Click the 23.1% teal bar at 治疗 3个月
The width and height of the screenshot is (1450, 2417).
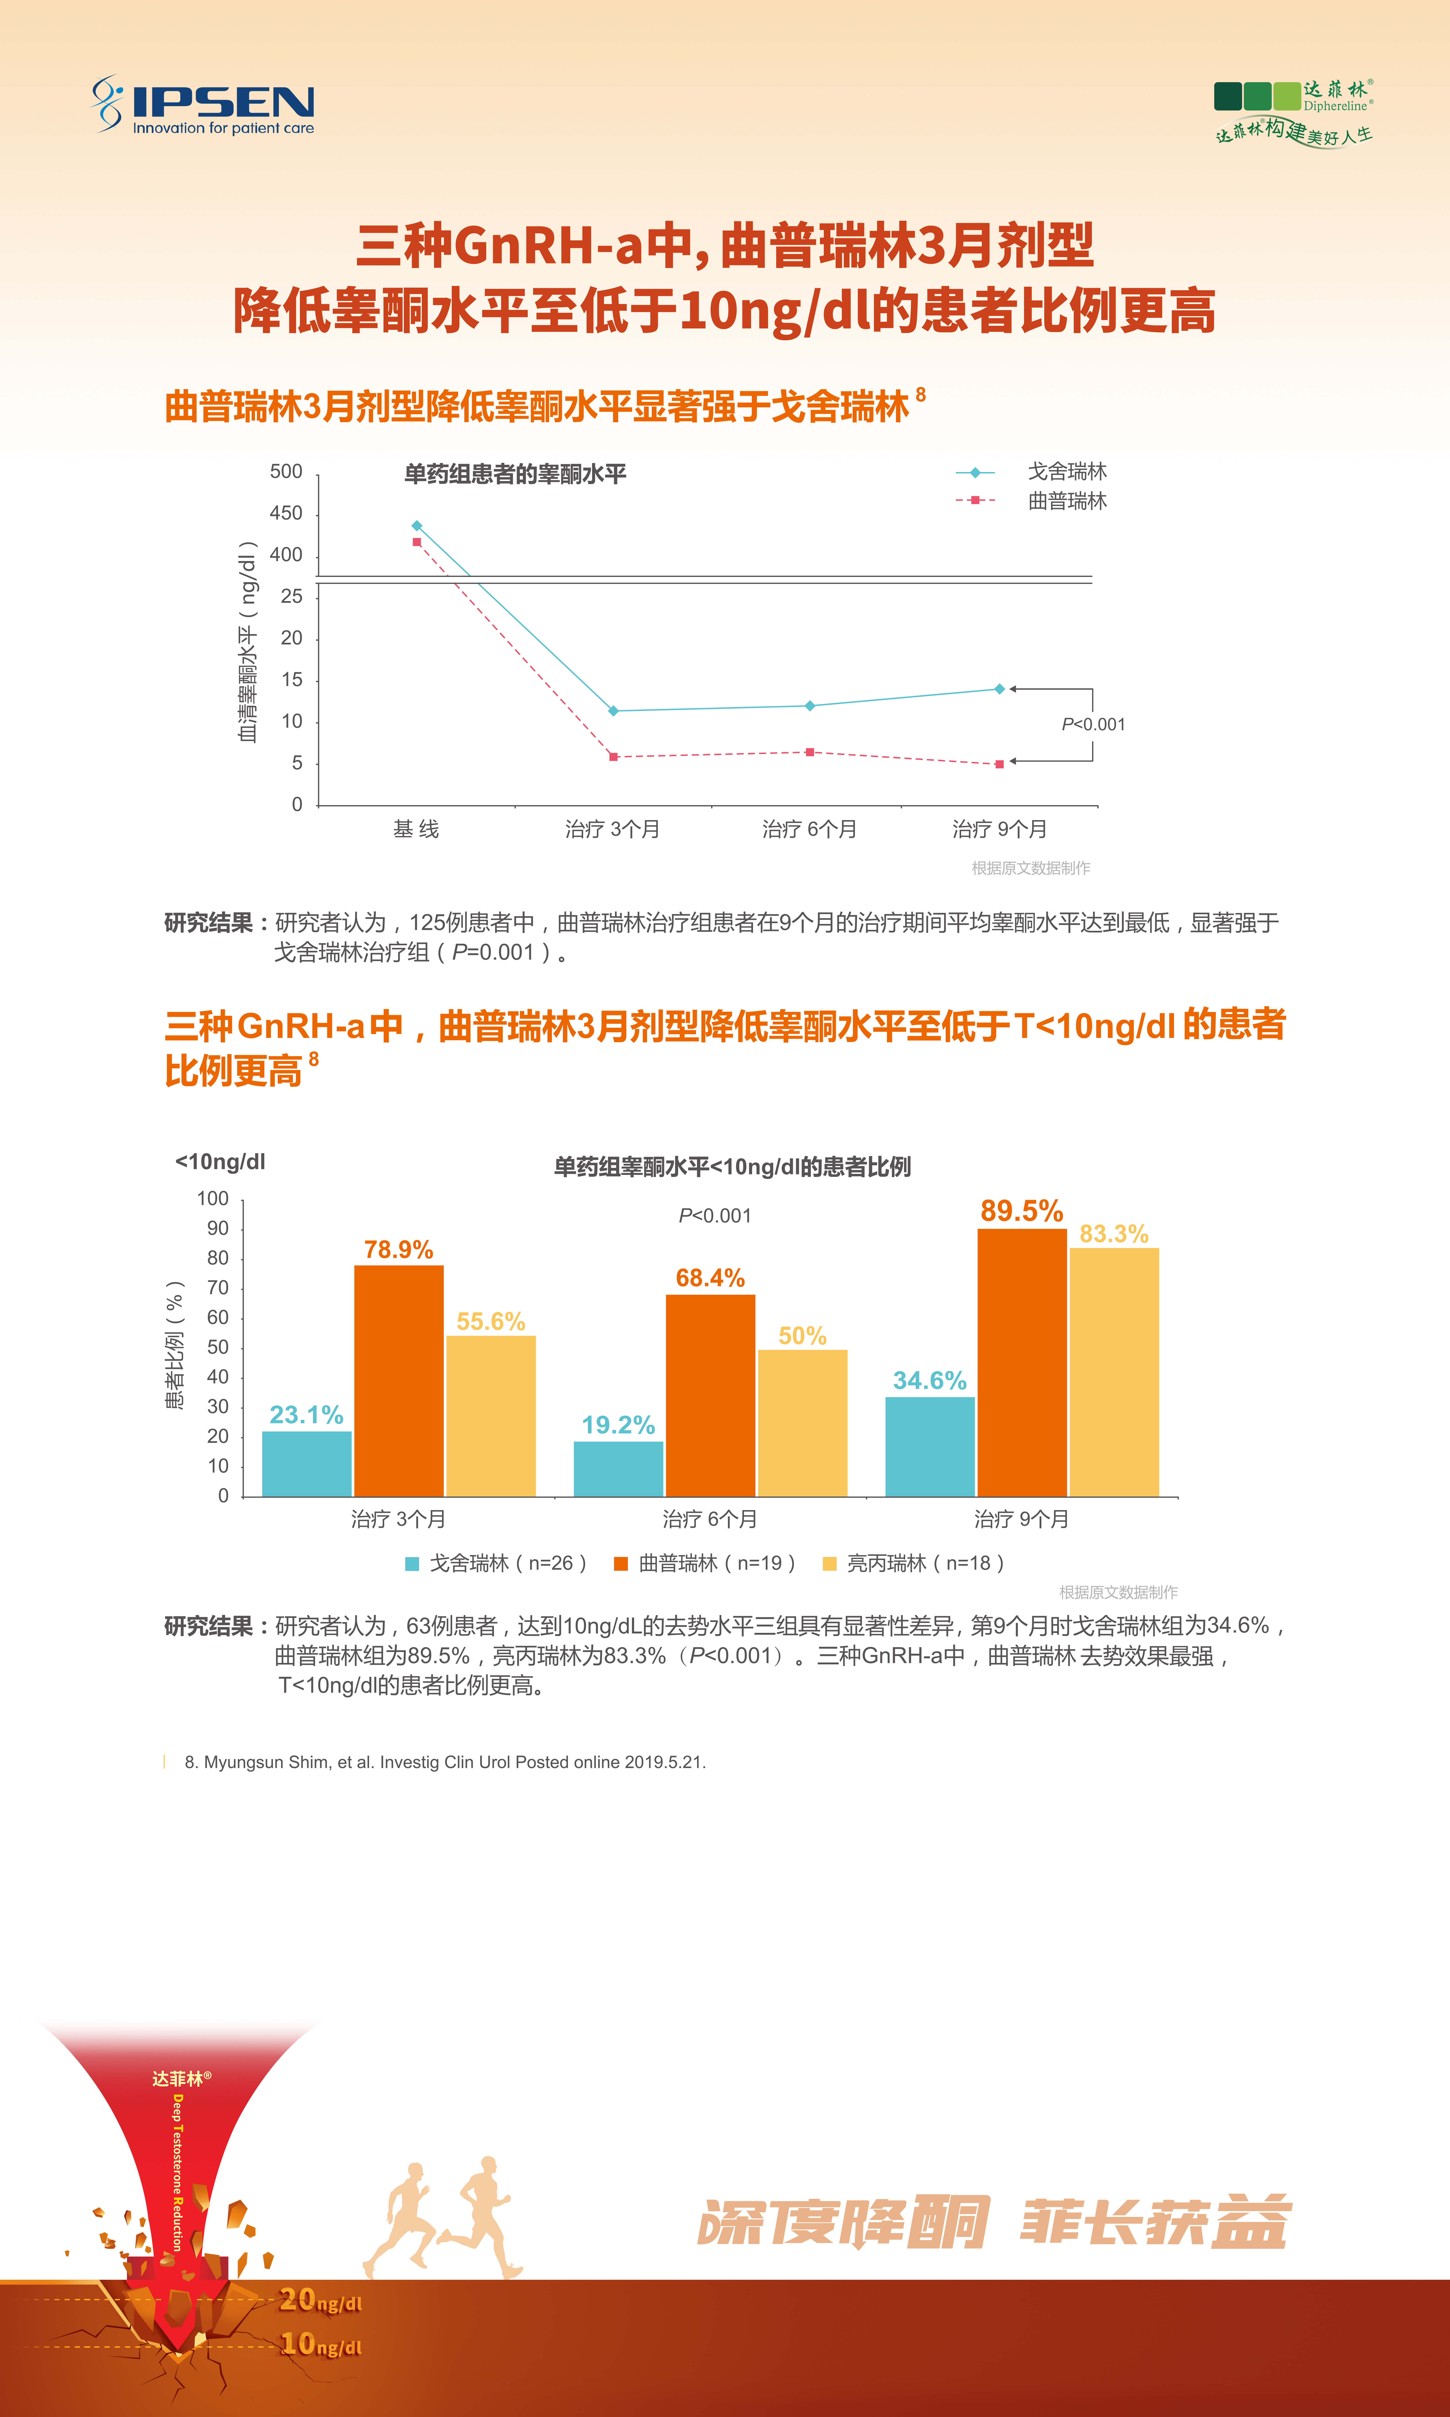pos(307,1463)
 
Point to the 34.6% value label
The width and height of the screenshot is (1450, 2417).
pos(929,1380)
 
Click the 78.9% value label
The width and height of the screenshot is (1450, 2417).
pos(399,1250)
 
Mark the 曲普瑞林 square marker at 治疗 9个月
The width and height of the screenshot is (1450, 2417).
pos(1000,764)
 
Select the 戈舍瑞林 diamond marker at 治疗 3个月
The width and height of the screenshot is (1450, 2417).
pos(614,711)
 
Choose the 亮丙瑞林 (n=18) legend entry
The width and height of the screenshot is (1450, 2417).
pos(913,1563)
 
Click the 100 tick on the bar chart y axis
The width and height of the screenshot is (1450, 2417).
pos(213,1199)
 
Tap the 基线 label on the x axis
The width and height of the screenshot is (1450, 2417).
pos(416,830)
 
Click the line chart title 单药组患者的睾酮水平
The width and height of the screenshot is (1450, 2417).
pos(515,475)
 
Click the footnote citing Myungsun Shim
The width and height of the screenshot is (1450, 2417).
pos(445,1762)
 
